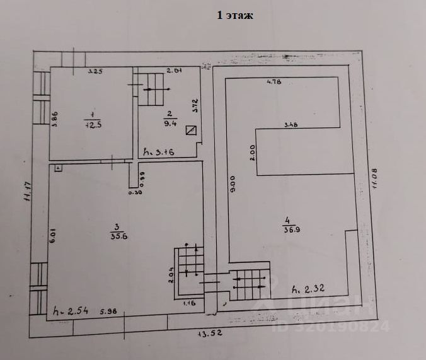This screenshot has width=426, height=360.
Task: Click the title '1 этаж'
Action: tap(235, 16)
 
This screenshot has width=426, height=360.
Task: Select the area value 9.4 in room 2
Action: tap(169, 124)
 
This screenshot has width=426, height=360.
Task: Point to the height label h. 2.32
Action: tap(309, 289)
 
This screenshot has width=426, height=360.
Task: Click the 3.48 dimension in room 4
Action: tap(291, 124)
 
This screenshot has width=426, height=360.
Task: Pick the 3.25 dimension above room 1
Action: tap(95, 71)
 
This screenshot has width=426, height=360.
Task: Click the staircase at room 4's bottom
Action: tap(250, 285)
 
